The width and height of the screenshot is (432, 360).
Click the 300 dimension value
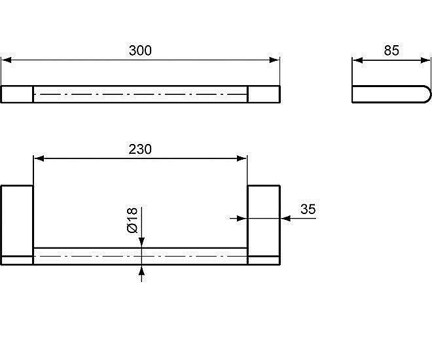pyautogui.click(x=140, y=50)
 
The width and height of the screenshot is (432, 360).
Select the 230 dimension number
pyautogui.click(x=140, y=149)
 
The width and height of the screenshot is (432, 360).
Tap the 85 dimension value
pyautogui.click(x=391, y=50)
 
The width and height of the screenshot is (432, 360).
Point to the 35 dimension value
pyautogui.click(x=308, y=209)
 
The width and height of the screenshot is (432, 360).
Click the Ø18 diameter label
pyautogui.click(x=132, y=221)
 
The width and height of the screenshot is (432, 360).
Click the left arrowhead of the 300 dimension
pyautogui.click(x=7, y=60)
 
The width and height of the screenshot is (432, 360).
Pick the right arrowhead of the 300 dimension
pyautogui.click(x=274, y=60)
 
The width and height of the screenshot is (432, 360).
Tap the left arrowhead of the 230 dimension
pyautogui.click(x=39, y=158)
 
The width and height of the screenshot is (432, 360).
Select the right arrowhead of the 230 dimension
pyautogui.click(x=242, y=158)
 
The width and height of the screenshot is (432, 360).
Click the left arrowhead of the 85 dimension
pyautogui.click(x=357, y=60)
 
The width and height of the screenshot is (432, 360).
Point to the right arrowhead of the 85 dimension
pyautogui.click(x=425, y=60)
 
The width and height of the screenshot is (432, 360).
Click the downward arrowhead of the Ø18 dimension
pyautogui.click(x=141, y=243)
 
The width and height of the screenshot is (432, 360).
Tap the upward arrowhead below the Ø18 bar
pyautogui.click(x=141, y=270)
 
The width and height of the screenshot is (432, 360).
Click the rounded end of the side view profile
pyautogui.click(x=428, y=94)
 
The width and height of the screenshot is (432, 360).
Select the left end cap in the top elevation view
pyautogui.click(x=17, y=94)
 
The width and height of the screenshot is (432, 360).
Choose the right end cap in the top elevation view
pyautogui.click(x=264, y=94)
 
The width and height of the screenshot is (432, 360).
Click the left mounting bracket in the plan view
pyautogui.click(x=17, y=225)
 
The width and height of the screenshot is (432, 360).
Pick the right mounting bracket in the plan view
pyautogui.click(x=264, y=225)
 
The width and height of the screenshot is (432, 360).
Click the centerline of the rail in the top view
pyautogui.click(x=140, y=94)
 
